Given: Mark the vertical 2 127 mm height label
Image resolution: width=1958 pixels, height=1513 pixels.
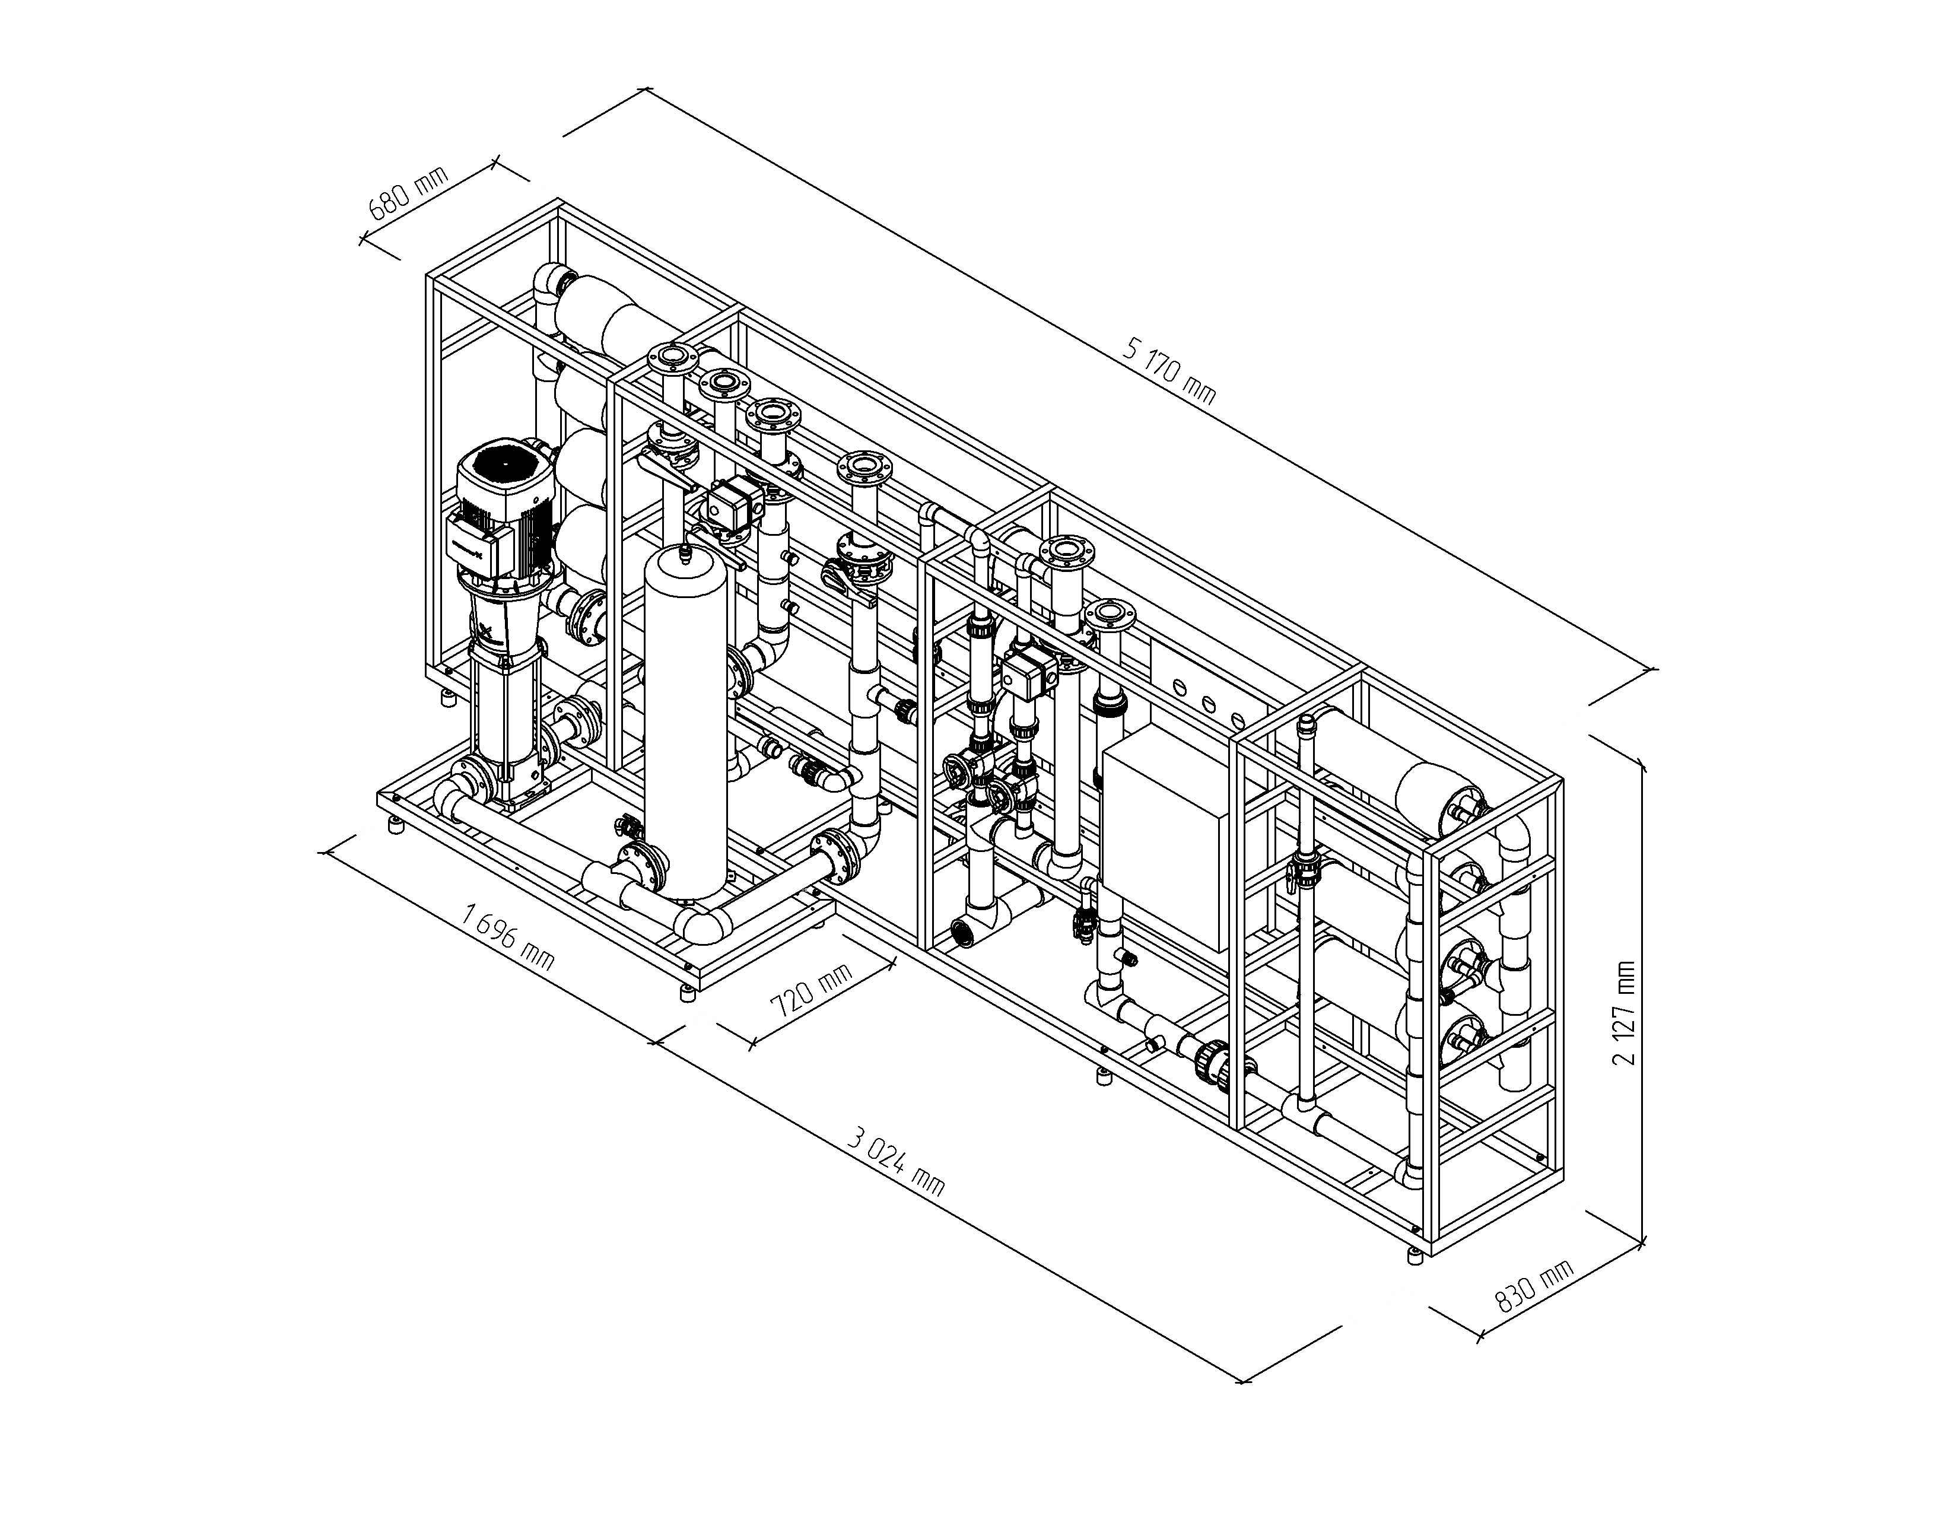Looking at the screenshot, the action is [x=1623, y=1012].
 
